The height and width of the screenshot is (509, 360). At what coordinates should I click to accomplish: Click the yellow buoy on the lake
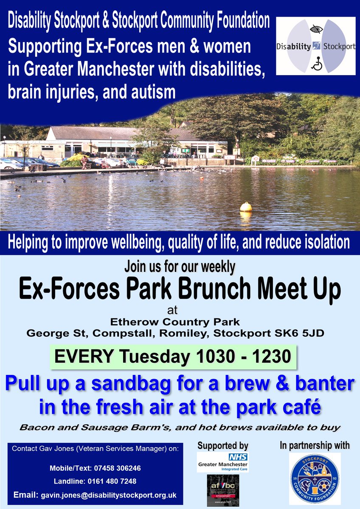[x=246, y=207]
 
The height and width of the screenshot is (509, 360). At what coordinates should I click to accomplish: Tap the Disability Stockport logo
[x=315, y=46]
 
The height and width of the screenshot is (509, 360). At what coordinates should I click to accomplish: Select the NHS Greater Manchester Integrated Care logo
[x=223, y=462]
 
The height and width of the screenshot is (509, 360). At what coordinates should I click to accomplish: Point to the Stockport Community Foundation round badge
[x=315, y=478]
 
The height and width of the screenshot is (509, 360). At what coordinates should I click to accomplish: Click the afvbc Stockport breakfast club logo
[x=223, y=490]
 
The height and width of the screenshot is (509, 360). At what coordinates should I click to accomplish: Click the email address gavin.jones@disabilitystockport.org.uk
[x=109, y=495]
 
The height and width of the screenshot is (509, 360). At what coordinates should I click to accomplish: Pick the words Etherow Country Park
[x=180, y=323]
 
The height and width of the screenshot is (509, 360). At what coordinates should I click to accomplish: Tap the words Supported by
[x=223, y=446]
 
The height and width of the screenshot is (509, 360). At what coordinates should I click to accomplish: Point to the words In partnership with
[x=315, y=445]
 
